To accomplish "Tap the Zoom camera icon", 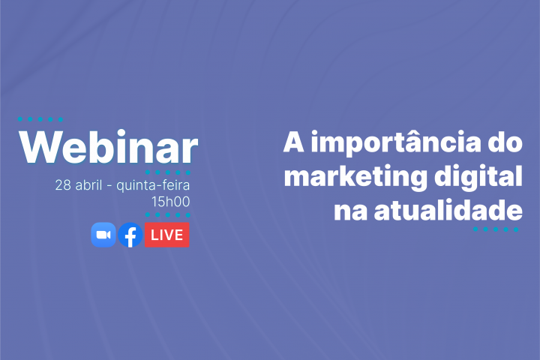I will [103, 235].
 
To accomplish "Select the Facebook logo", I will [130, 235].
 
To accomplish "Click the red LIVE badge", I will [166, 235].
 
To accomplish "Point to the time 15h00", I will [171, 201].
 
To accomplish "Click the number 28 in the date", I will [63, 185].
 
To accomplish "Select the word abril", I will [89, 185].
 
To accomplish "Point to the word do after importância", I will [505, 143].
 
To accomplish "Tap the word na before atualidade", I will [346, 210].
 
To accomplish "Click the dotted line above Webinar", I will [40, 119].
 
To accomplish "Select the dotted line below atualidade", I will [496, 229].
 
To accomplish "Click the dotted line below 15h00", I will [168, 214].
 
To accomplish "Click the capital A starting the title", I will [293, 143].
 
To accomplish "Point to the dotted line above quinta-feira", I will [168, 172].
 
